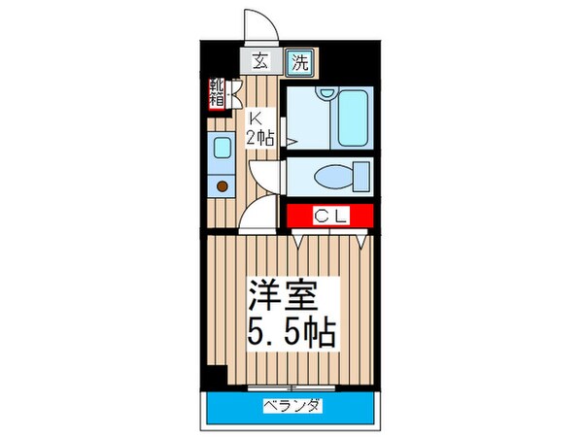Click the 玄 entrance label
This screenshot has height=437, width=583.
click(x=261, y=64)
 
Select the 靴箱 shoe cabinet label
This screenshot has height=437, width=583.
click(x=216, y=94)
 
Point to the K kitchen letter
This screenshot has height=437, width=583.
click(x=257, y=119)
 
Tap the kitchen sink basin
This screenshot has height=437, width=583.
click(x=221, y=149)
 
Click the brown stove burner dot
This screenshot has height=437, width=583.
click(x=222, y=185)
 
